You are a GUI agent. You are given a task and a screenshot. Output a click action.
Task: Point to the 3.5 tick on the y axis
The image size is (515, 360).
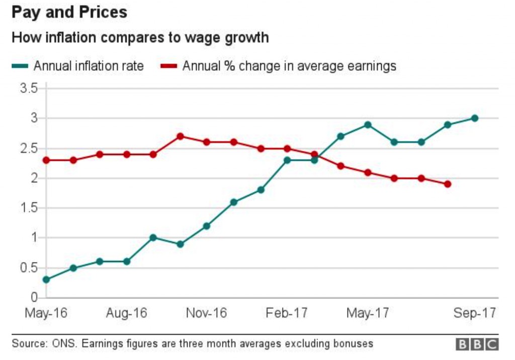(29, 89)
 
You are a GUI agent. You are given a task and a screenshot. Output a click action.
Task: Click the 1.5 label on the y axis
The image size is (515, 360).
(29, 208)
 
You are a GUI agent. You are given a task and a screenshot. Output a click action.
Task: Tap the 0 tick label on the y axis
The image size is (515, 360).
(35, 297)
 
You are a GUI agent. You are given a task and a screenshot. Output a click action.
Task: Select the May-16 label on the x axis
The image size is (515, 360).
(46, 313)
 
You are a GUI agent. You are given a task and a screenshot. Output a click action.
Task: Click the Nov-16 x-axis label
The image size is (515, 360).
(206, 313)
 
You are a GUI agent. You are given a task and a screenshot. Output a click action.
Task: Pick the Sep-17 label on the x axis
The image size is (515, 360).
(474, 313)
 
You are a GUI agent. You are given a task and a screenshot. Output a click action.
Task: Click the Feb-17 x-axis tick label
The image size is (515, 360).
(286, 313)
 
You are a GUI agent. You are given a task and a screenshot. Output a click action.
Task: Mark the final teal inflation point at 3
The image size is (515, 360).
(474, 118)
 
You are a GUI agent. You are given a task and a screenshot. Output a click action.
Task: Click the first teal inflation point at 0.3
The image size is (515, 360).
(46, 280)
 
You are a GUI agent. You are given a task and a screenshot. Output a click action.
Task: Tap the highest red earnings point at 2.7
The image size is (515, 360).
(180, 136)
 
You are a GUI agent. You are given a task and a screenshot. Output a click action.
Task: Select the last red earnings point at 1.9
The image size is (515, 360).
(448, 184)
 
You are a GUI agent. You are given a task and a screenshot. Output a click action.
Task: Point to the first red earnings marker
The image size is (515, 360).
(46, 160)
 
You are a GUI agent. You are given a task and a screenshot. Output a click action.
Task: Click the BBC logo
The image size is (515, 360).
(477, 344)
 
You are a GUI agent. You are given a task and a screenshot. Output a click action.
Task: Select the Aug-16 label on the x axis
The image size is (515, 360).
(126, 313)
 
